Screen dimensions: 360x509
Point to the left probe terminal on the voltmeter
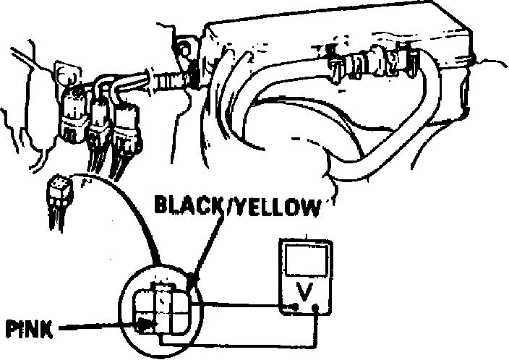click(x=295, y=309)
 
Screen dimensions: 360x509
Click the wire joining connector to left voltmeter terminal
click(x=239, y=307)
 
